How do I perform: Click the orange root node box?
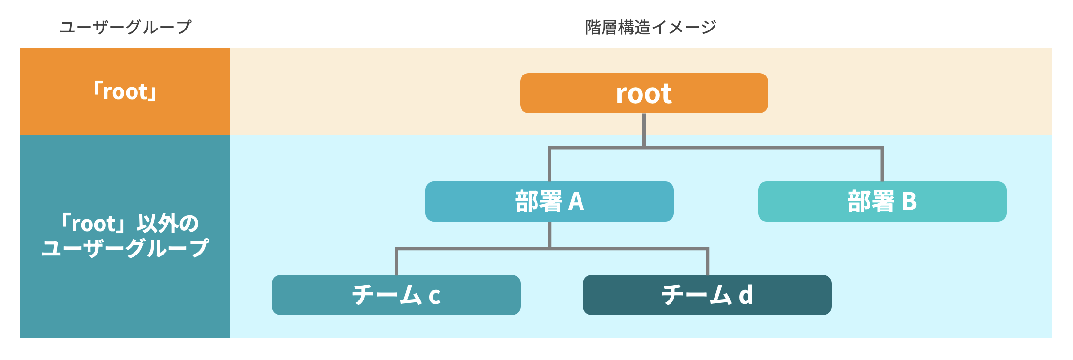click(x=643, y=93)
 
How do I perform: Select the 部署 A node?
click(x=549, y=201)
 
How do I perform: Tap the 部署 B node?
click(x=882, y=201)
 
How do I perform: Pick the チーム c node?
click(x=396, y=295)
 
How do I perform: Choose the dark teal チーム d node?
click(x=707, y=295)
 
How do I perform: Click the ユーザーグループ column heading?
click(x=125, y=27)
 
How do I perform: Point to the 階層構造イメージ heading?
click(x=651, y=27)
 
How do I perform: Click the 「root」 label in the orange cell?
click(x=125, y=91)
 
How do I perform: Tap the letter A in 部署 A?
click(x=576, y=202)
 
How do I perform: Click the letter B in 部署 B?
click(x=909, y=202)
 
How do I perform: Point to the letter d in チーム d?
click(x=745, y=295)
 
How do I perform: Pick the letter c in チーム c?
click(x=434, y=296)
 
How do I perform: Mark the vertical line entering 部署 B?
click(x=882, y=165)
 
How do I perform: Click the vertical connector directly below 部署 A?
click(x=550, y=234)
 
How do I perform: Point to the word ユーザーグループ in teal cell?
click(x=125, y=248)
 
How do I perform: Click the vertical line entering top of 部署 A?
click(x=550, y=165)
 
